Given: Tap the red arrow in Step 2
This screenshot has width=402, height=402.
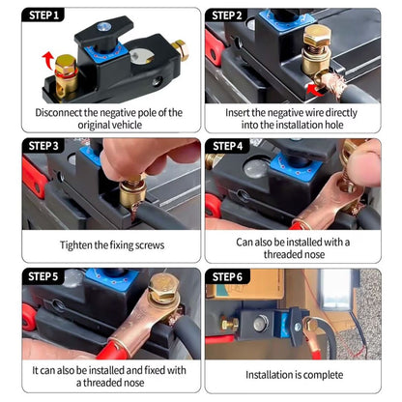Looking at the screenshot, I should (311, 90).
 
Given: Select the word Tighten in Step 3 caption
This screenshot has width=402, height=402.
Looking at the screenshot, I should (78, 245).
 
